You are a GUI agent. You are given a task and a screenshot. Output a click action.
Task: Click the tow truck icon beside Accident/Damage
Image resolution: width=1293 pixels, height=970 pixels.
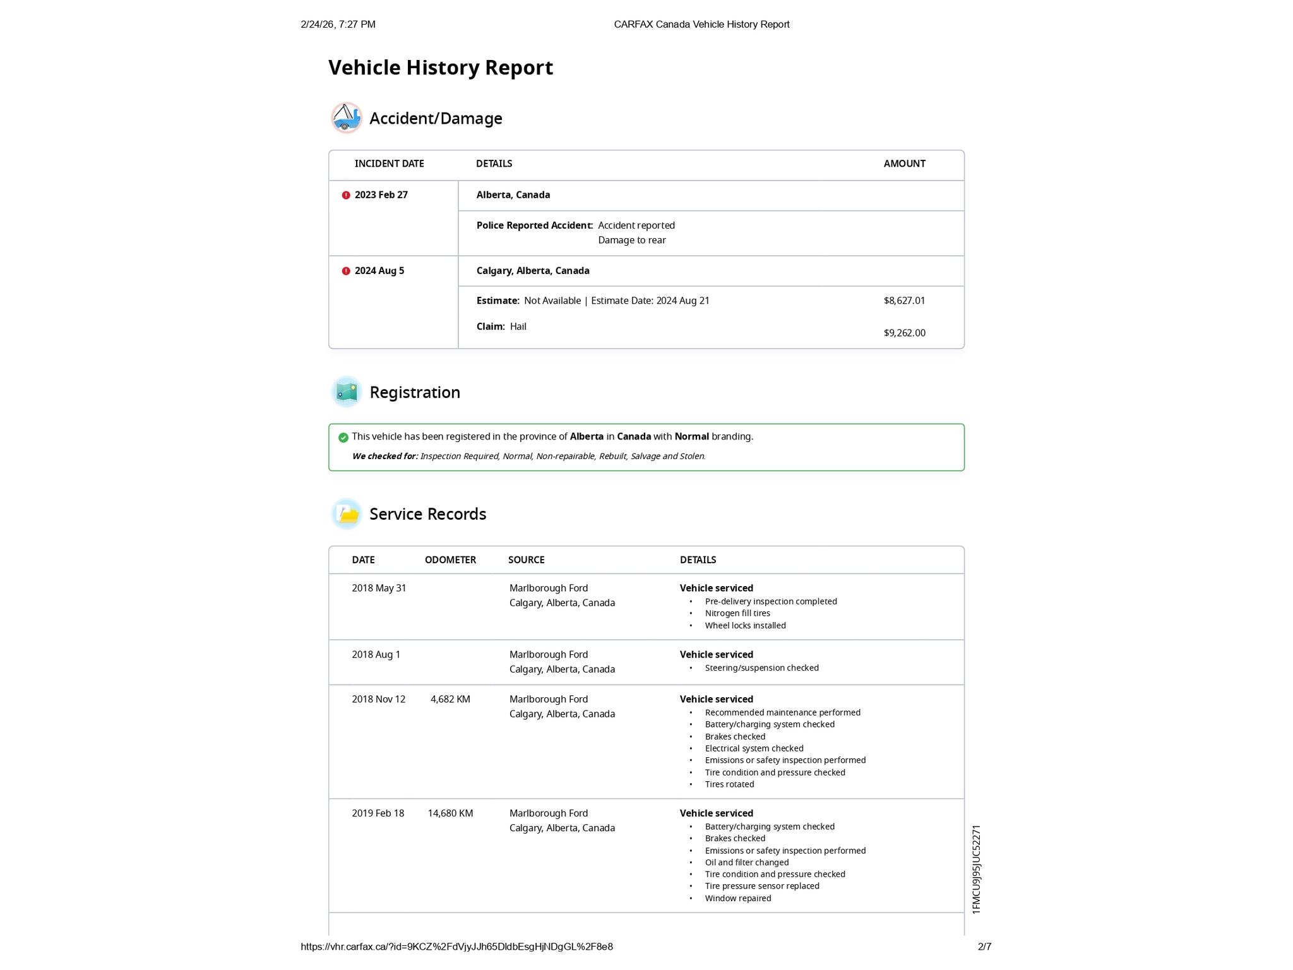pos(346,117)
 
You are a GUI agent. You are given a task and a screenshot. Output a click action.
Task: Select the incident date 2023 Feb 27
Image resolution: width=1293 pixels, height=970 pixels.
pos(381,195)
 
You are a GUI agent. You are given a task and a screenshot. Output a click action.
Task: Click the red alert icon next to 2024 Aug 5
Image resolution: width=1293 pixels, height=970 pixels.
pos(346,271)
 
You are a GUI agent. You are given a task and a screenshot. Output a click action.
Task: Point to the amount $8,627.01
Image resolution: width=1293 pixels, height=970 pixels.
pos(904,301)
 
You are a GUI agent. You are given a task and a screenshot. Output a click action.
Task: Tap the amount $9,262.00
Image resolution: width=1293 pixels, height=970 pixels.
pos(904,333)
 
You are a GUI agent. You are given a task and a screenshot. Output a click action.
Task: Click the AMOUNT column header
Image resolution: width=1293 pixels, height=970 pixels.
pos(904,164)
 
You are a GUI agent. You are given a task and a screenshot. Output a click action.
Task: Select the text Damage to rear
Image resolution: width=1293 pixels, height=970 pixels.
pos(631,240)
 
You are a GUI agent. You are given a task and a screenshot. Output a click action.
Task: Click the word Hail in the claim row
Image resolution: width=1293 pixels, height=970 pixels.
pos(518,326)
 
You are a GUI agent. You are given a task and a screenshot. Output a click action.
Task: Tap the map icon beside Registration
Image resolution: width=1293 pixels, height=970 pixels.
pos(346,392)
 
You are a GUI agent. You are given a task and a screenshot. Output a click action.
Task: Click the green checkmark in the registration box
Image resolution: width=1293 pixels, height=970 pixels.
pos(343,438)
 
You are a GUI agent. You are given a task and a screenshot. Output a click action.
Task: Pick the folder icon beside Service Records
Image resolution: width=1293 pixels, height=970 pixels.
pos(346,514)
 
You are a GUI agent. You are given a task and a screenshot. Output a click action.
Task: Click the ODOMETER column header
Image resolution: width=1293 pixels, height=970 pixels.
pos(450,560)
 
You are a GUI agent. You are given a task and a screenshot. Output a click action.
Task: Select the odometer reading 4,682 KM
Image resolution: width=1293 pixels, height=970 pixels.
pos(450,699)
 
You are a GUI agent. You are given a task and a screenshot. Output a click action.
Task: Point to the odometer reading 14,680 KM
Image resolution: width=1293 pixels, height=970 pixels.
pos(450,813)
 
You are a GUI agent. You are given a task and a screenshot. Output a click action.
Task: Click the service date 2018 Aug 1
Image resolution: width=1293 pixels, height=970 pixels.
pos(376,655)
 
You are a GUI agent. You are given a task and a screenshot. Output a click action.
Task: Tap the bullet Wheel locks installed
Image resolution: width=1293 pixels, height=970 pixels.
pos(745,626)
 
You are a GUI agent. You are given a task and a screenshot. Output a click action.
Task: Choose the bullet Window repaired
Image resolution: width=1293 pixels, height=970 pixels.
pos(737,899)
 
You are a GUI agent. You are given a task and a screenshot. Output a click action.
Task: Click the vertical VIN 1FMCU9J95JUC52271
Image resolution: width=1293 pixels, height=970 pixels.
pos(976,870)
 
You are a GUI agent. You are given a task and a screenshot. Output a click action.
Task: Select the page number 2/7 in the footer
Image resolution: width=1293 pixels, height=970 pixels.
pos(984,947)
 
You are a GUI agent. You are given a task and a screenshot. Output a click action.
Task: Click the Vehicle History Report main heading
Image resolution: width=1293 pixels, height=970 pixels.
pos(440,68)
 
